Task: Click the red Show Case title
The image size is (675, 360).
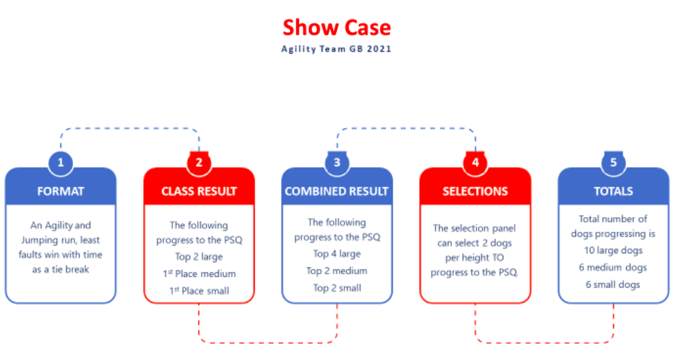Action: pyautogui.click(x=336, y=27)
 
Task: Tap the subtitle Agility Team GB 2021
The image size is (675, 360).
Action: pyautogui.click(x=336, y=49)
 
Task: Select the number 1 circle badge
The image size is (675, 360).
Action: pyautogui.click(x=61, y=163)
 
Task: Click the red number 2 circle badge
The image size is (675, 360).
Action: pyautogui.click(x=199, y=163)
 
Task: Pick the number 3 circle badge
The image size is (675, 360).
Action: pyautogui.click(x=337, y=163)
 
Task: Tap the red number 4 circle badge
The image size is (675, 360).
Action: pyautogui.click(x=475, y=163)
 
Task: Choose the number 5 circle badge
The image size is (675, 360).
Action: pyautogui.click(x=613, y=163)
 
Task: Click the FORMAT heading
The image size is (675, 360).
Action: pyautogui.click(x=61, y=191)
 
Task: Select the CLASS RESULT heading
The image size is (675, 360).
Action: pyautogui.click(x=199, y=191)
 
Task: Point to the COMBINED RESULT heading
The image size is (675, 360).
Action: pyautogui.click(x=336, y=191)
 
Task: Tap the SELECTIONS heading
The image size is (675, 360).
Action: pyautogui.click(x=475, y=191)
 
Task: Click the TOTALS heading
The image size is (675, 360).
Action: pyautogui.click(x=613, y=191)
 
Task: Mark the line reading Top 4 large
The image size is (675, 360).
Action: pyautogui.click(x=337, y=254)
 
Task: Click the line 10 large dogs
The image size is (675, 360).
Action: pyautogui.click(x=613, y=251)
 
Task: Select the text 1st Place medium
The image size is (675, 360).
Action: pyautogui.click(x=199, y=274)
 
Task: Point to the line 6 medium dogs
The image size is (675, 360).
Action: pyautogui.click(x=613, y=267)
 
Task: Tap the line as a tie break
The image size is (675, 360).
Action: pyautogui.click(x=61, y=269)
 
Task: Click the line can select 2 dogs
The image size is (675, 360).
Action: pyautogui.click(x=475, y=243)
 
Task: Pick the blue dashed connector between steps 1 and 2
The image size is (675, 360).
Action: pyautogui.click(x=130, y=128)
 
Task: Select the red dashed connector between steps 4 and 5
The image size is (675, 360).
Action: pyautogui.click(x=544, y=343)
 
